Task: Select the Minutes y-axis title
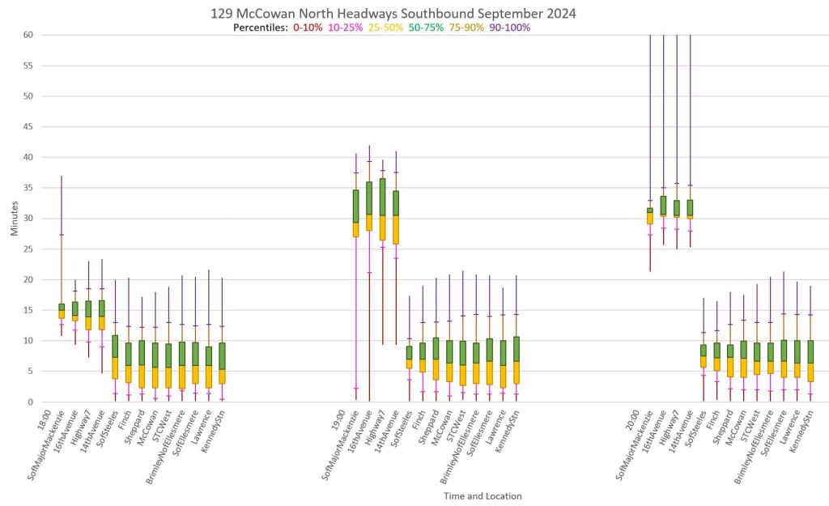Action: [13, 219]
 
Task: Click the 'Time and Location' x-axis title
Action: [483, 495]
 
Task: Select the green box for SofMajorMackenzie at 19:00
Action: [355, 206]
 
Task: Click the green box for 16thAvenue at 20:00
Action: [663, 205]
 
